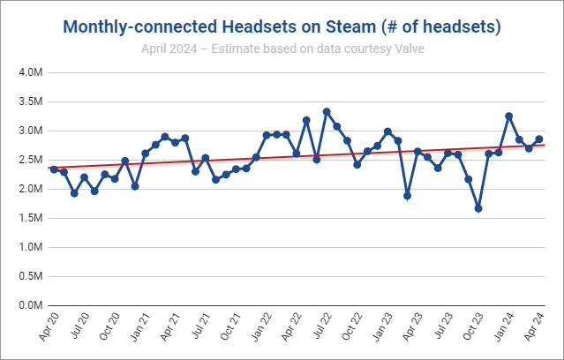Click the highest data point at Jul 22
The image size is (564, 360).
point(327,111)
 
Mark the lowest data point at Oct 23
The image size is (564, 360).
point(478,208)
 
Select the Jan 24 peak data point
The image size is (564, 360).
point(508,116)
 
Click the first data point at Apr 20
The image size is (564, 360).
point(54,169)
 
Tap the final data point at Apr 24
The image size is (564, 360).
point(538,139)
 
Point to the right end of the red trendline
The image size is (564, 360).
point(545,145)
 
